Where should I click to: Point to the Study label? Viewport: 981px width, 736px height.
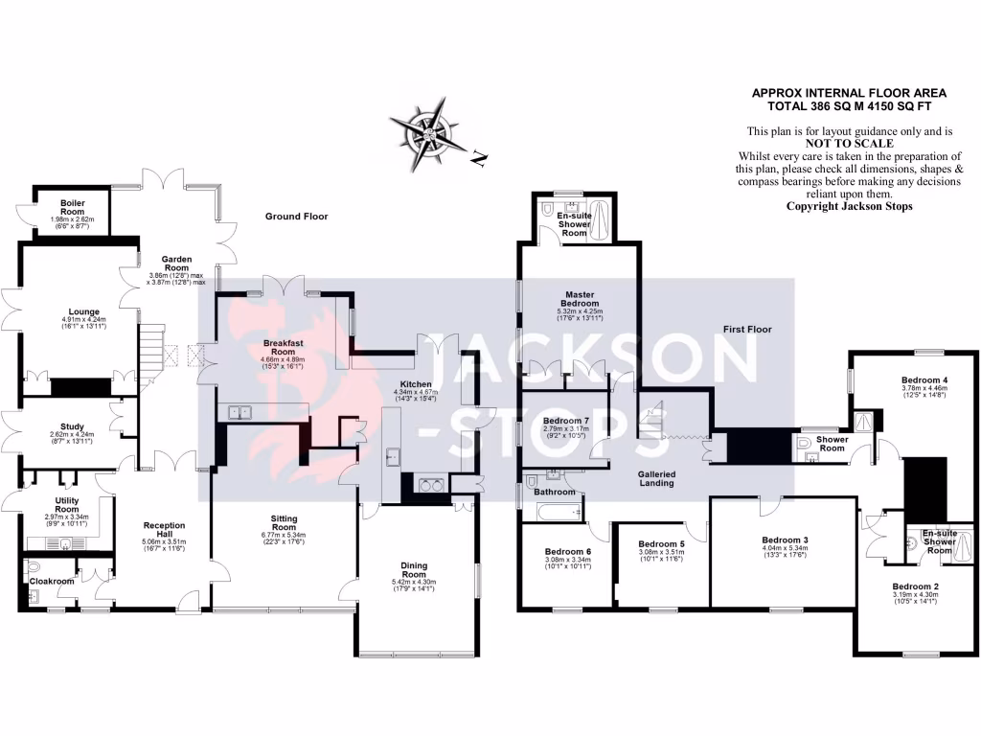pos(72,427)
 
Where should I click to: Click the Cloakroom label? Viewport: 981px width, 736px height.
pos(52,581)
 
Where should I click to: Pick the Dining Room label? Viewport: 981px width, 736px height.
pos(414,570)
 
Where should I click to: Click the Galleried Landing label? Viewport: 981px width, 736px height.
pos(657,478)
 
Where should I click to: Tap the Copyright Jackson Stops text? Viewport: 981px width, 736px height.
pos(849,206)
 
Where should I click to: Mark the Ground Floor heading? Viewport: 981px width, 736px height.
pos(296,217)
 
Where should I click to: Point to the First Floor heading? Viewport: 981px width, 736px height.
pos(747,329)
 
